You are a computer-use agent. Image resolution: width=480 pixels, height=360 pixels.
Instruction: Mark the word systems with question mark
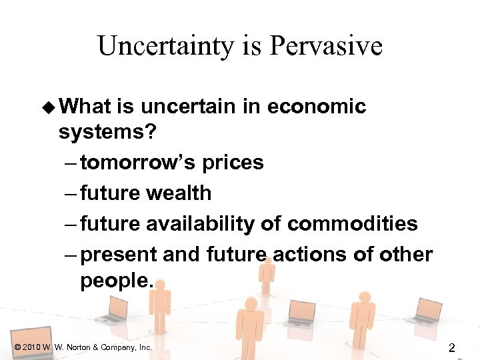(107, 132)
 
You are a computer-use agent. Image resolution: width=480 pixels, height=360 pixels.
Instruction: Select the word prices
(233, 163)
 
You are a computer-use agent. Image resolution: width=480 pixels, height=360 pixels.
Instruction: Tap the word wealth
(181, 193)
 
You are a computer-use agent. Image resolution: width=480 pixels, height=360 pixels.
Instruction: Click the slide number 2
(452, 347)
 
